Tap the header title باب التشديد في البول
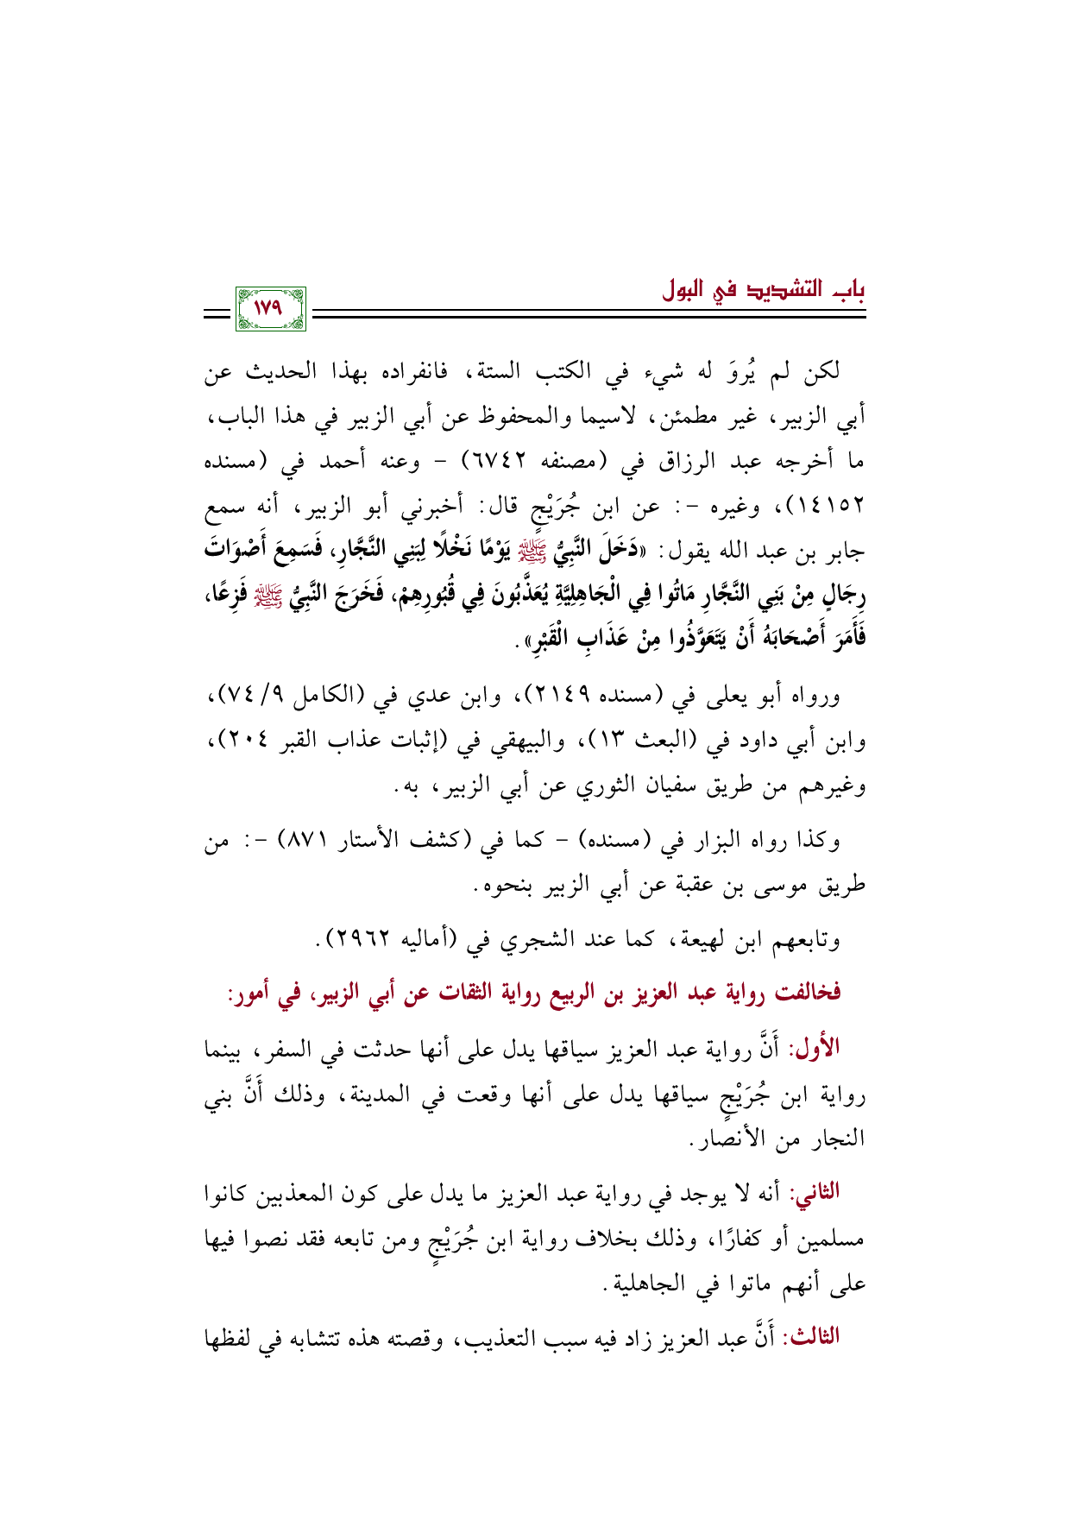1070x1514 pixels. coord(763,291)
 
